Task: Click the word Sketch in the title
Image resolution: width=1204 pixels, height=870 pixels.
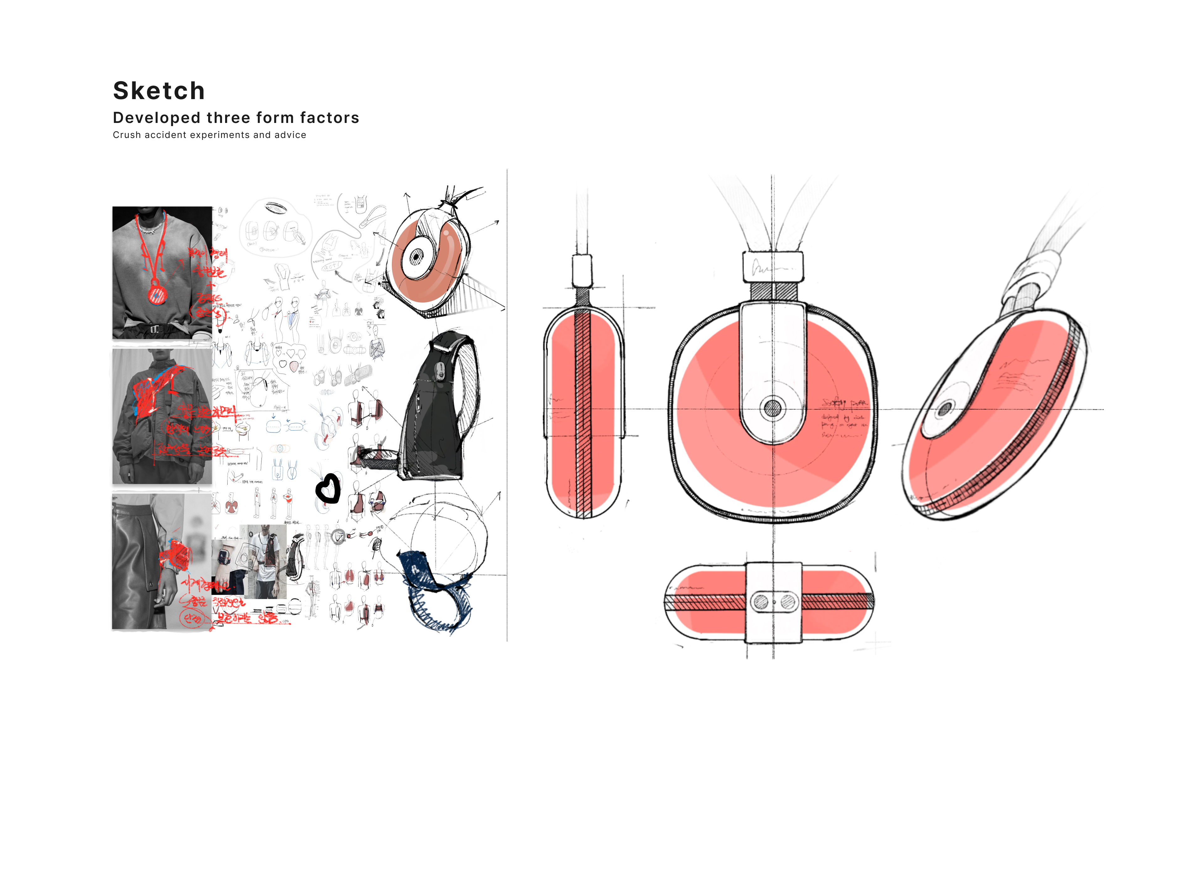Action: point(159,91)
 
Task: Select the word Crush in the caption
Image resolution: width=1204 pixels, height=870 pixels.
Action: point(127,135)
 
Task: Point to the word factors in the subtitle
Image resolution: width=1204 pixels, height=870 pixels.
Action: point(329,118)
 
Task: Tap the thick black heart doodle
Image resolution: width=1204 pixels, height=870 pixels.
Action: point(328,488)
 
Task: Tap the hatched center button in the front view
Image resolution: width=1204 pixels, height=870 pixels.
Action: point(772,408)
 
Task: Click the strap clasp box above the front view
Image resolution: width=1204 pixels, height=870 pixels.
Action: point(772,267)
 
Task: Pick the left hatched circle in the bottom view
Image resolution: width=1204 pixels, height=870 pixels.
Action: point(761,602)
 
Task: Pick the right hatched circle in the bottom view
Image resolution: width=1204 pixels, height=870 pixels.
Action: point(788,602)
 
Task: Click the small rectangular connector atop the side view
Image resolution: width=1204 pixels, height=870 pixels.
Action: point(582,271)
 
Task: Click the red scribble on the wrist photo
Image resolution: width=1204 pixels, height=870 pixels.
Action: point(175,555)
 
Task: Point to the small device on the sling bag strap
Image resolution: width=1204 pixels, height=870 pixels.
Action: point(440,371)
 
